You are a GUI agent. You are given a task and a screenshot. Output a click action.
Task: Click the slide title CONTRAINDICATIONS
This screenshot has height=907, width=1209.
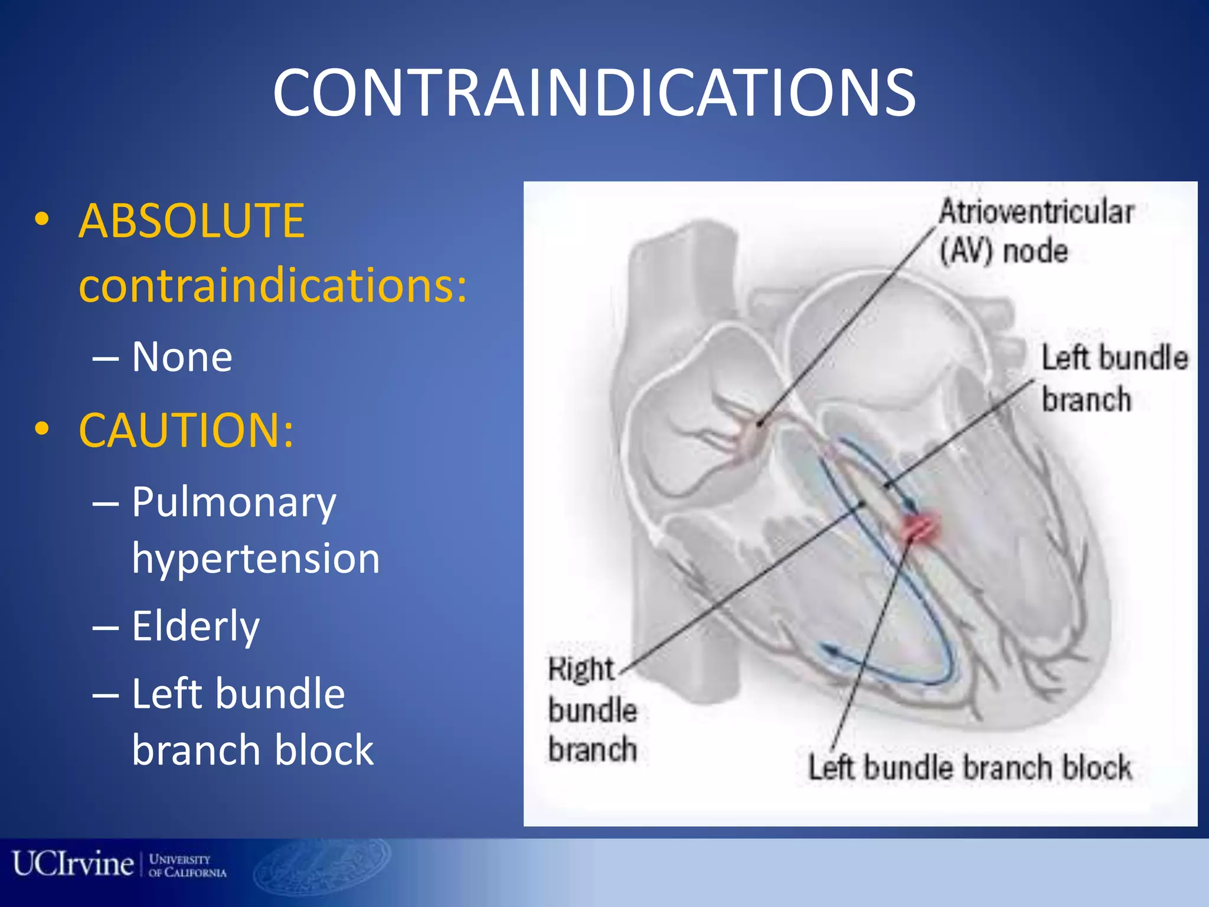[594, 93]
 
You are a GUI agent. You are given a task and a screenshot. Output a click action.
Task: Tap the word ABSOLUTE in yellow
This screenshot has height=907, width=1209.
[191, 221]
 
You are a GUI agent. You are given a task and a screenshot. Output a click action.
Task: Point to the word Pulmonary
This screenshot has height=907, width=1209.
[234, 503]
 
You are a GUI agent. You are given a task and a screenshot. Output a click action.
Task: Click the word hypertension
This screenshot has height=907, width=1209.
[256, 559]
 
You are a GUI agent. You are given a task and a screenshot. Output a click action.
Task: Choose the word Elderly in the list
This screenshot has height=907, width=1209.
[195, 626]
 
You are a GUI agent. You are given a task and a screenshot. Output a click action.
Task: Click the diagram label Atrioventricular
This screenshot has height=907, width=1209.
[1036, 212]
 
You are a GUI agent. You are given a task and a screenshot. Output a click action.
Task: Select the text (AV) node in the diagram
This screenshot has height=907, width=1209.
[1004, 252]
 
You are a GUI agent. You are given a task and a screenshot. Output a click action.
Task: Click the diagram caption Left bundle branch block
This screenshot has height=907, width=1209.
[970, 768]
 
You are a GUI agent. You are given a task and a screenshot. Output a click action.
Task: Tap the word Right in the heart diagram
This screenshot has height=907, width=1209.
[581, 670]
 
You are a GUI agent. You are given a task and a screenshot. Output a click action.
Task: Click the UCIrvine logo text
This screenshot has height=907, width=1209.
[73, 864]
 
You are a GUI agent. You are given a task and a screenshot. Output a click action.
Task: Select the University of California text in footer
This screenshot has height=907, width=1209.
[187, 866]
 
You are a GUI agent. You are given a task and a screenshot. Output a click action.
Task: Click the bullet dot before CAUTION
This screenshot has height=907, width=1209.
[41, 429]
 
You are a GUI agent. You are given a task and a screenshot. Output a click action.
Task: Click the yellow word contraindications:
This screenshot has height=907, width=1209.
[273, 285]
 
